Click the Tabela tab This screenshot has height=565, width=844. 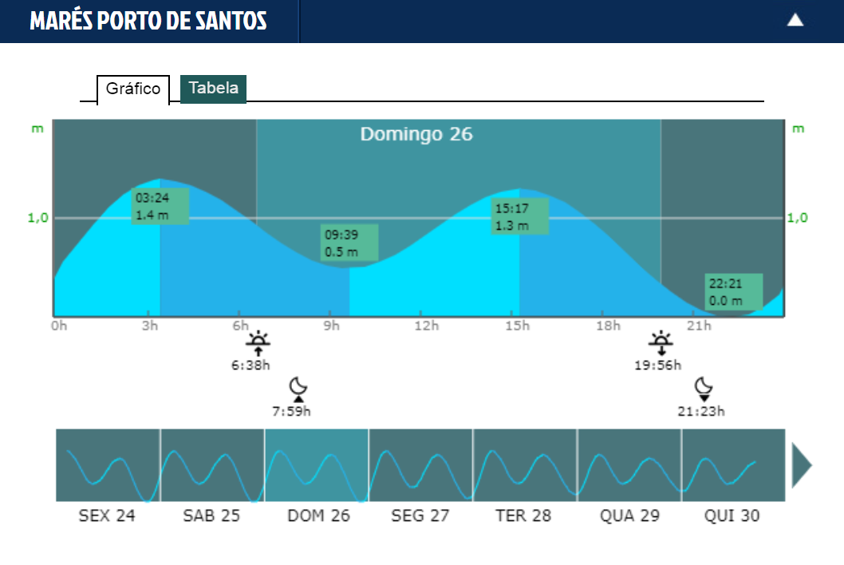(x=213, y=89)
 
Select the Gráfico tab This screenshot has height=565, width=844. (x=133, y=89)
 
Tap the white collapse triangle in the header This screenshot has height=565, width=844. (x=795, y=21)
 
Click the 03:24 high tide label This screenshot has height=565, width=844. (x=160, y=206)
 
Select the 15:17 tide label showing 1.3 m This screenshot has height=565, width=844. (x=520, y=216)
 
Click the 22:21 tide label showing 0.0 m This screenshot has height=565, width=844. (x=734, y=292)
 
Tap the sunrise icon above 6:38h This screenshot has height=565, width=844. (x=258, y=344)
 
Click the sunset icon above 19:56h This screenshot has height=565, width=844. (x=661, y=344)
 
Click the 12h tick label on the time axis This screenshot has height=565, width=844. (x=427, y=326)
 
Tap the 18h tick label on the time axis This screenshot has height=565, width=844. (x=608, y=326)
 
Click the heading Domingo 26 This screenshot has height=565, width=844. (x=416, y=134)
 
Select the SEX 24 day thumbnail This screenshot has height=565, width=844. (x=108, y=465)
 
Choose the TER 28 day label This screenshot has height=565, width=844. (x=523, y=516)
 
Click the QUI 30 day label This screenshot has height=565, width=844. (x=732, y=516)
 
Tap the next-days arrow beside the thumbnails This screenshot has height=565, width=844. (x=801, y=465)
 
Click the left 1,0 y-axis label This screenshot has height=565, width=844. (x=38, y=218)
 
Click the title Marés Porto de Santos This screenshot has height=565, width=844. (x=148, y=22)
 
